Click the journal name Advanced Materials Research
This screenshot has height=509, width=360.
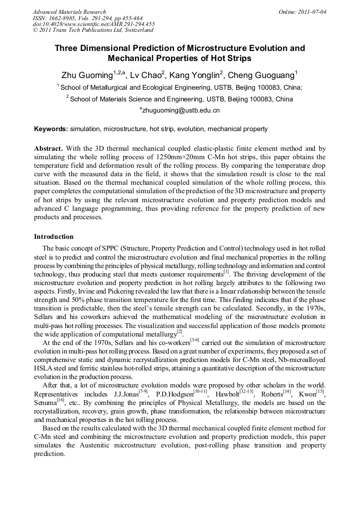(x=69, y=12)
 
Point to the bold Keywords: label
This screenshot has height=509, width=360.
(x=50, y=129)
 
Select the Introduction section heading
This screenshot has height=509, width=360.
(x=54, y=236)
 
